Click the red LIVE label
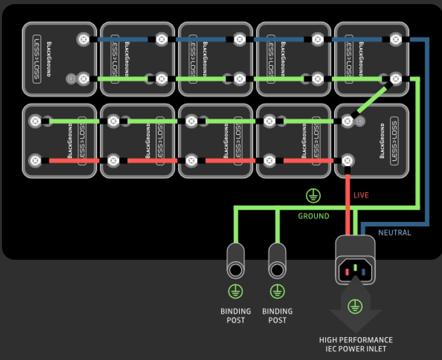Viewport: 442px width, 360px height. (361, 195)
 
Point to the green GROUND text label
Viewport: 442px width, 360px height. (314, 216)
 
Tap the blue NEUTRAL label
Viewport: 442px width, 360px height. (394, 233)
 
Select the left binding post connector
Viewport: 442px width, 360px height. (235, 262)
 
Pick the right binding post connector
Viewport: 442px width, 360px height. (277, 262)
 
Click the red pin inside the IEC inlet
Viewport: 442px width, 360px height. (347, 272)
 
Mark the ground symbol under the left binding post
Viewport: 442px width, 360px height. (235, 292)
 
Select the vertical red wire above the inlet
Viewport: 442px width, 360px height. (347, 198)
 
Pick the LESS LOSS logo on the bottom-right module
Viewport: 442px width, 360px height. (394, 140)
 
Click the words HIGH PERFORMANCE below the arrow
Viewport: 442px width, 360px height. (356, 340)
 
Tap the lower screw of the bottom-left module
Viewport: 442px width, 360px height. (34, 160)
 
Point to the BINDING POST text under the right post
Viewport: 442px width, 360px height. (277, 315)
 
